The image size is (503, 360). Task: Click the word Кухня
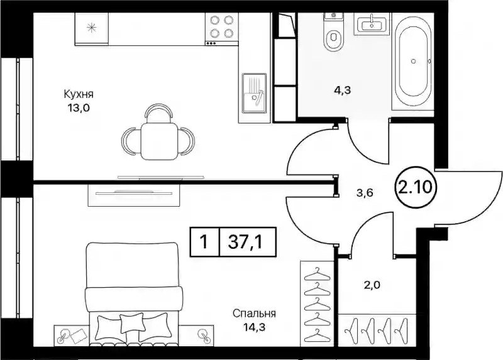pyautogui.click(x=79, y=95)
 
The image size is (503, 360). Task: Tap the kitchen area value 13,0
pyautogui.click(x=78, y=108)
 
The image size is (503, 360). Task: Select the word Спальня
pyautogui.click(x=255, y=314)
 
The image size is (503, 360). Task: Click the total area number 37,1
pyautogui.click(x=245, y=242)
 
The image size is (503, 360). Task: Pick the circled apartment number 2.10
pyautogui.click(x=416, y=187)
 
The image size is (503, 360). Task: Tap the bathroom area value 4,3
pyautogui.click(x=343, y=90)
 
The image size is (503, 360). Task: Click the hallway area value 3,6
pyautogui.click(x=365, y=193)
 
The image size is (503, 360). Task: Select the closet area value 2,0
pyautogui.click(x=372, y=285)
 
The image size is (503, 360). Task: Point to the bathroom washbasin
pyautogui.click(x=372, y=23)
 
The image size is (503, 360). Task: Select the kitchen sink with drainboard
pyautogui.click(x=254, y=93)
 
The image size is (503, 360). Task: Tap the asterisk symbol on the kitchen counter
pyautogui.click(x=92, y=28)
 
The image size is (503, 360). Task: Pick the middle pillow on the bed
pyautogui.click(x=132, y=323)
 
